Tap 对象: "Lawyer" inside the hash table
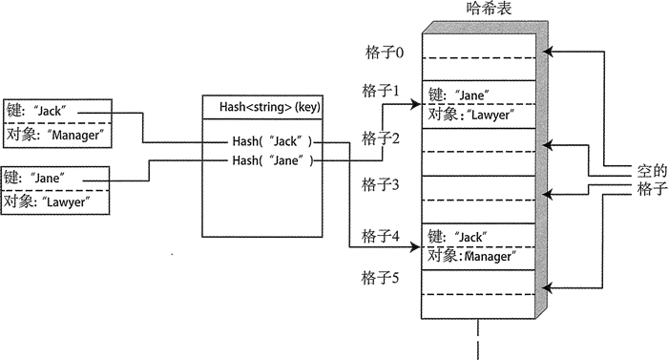click(x=472, y=116)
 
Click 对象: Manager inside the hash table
click(x=474, y=256)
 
